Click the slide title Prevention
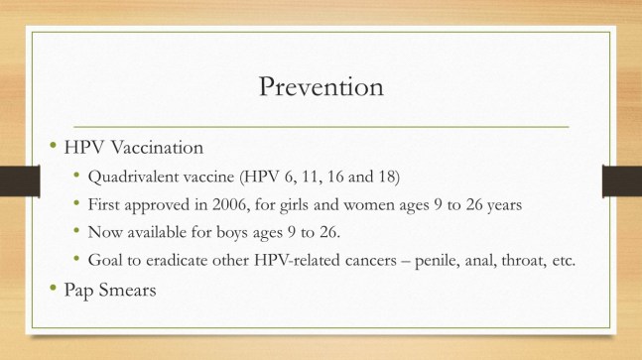(x=321, y=86)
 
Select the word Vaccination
(x=157, y=148)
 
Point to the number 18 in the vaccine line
(x=386, y=179)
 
